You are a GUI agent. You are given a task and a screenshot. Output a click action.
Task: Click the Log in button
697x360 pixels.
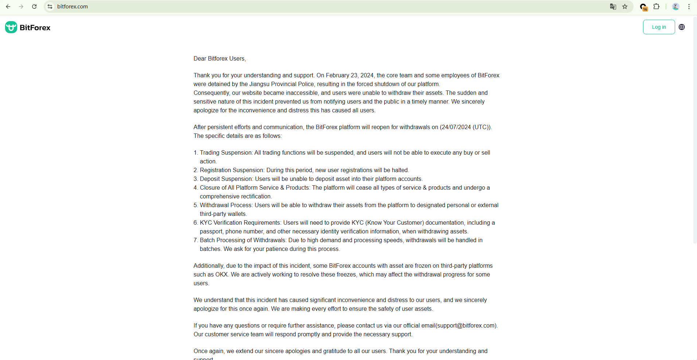[x=658, y=27]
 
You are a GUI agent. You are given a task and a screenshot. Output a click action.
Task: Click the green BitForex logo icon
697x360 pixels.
[x=11, y=27]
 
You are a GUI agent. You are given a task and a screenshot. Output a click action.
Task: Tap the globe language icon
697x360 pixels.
[x=681, y=27]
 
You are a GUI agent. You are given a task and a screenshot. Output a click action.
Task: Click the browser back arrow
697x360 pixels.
[x=8, y=7]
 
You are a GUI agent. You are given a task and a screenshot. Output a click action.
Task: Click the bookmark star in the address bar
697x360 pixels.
[x=625, y=7]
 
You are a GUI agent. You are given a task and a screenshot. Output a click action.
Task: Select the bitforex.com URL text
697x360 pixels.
[x=73, y=7]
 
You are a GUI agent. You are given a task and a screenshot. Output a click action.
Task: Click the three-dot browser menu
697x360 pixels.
[x=689, y=7]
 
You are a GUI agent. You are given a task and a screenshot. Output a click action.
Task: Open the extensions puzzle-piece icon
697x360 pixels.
[x=656, y=7]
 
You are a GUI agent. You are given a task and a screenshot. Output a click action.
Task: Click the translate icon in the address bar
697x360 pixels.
[x=613, y=7]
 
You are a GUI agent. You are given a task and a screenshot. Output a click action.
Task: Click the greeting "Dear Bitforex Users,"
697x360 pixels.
[x=219, y=59]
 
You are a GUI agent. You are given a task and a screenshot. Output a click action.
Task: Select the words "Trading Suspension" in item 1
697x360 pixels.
[x=226, y=153]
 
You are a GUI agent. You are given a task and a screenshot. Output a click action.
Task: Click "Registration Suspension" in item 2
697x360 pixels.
[x=231, y=170]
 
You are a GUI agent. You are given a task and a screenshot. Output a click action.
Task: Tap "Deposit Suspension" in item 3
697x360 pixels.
[x=226, y=179]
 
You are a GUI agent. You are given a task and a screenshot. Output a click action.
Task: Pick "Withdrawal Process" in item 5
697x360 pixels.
[x=226, y=205]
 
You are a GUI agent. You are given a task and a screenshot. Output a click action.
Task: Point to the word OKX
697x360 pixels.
[x=221, y=275]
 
